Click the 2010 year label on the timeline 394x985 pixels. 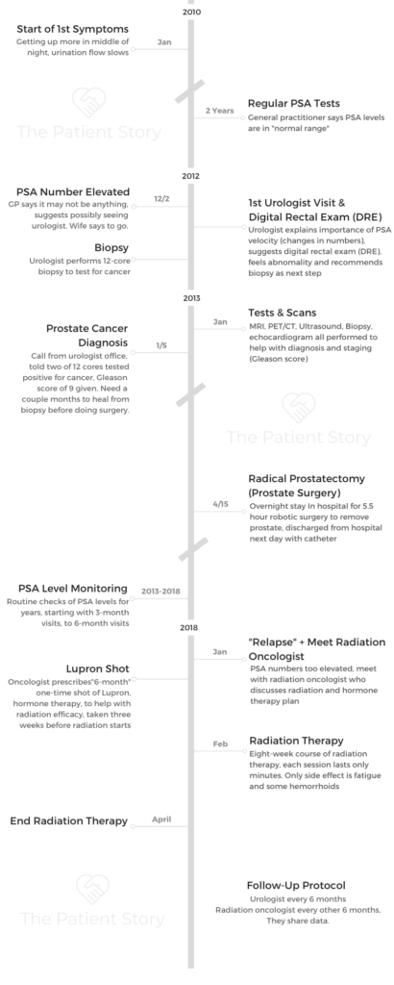[191, 12]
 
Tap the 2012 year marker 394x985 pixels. [190, 176]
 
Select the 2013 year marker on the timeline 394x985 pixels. [191, 298]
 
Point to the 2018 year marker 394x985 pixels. [189, 627]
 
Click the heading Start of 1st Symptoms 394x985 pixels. [72, 29]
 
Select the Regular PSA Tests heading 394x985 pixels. [294, 103]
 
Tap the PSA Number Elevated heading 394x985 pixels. [73, 191]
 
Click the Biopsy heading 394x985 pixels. [111, 247]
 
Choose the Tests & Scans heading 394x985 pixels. [282, 313]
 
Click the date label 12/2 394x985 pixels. [161, 198]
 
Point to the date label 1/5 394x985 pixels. [161, 345]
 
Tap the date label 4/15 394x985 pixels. [220, 504]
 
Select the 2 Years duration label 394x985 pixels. [220, 111]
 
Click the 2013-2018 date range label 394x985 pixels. [160, 592]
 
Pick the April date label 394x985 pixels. [161, 820]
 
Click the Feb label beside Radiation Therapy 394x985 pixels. [220, 744]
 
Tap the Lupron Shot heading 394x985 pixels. [98, 669]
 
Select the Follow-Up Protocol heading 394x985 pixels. [296, 886]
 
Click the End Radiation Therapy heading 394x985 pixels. [68, 821]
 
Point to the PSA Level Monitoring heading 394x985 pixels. [73, 589]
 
